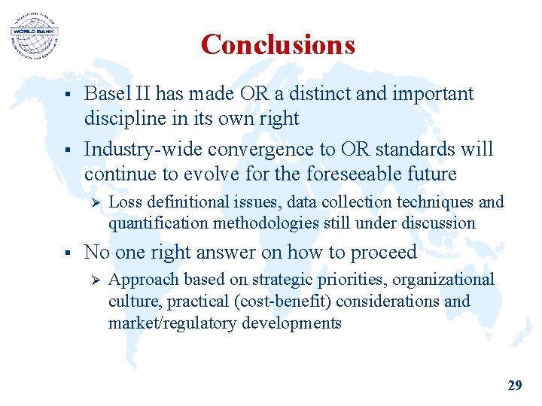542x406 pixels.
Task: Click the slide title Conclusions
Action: point(278,45)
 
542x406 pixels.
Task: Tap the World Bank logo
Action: point(34,34)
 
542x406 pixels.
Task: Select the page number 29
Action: point(515,386)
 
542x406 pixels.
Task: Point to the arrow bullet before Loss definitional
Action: point(94,202)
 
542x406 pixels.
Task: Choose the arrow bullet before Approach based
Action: point(94,280)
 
